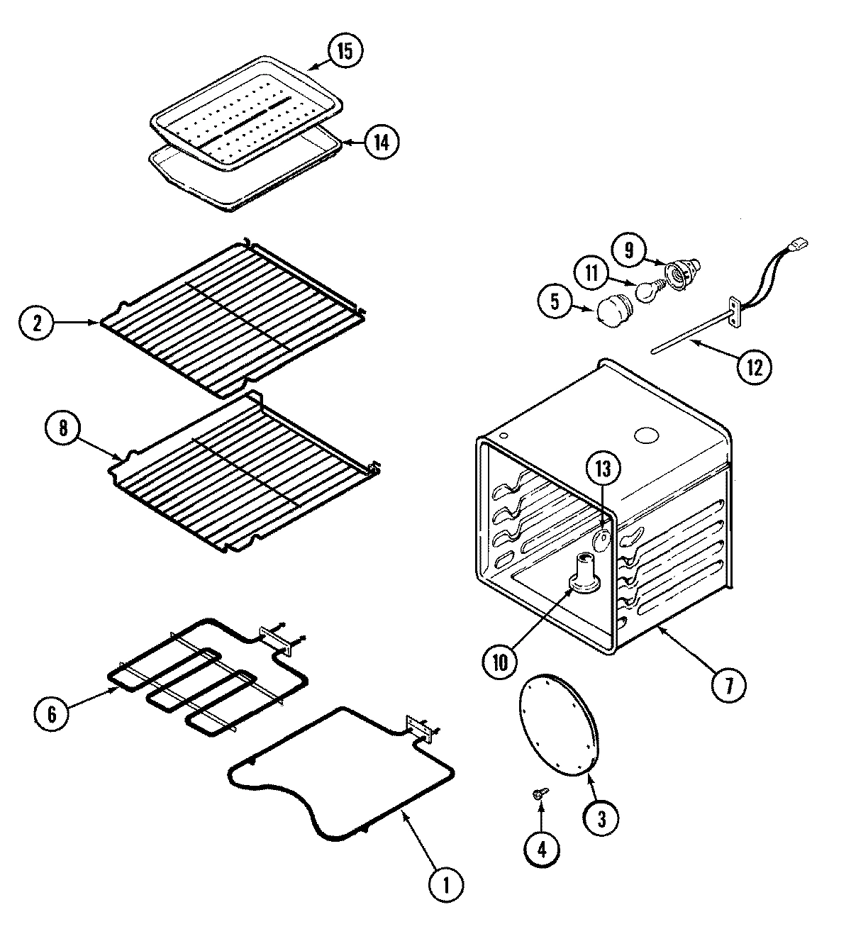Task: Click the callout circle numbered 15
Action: [345, 51]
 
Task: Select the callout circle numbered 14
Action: [381, 143]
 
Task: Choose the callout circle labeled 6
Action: [52, 713]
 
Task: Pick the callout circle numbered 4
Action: [542, 850]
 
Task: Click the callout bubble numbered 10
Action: [500, 662]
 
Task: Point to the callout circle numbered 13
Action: [602, 469]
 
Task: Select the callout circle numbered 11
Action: [591, 273]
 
